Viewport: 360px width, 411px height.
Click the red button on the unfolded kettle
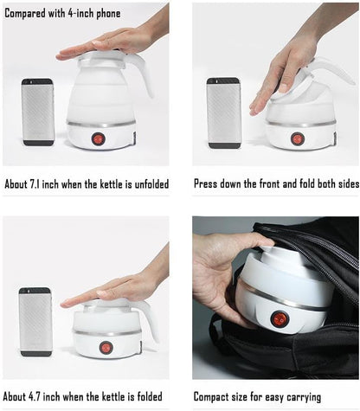click(98, 138)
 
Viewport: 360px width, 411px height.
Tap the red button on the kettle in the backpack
click(280, 319)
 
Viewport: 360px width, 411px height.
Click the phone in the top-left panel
click(37, 112)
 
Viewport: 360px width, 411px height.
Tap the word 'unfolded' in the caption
click(144, 184)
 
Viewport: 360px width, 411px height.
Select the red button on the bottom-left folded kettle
click(106, 347)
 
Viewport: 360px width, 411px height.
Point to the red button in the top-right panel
click(297, 138)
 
